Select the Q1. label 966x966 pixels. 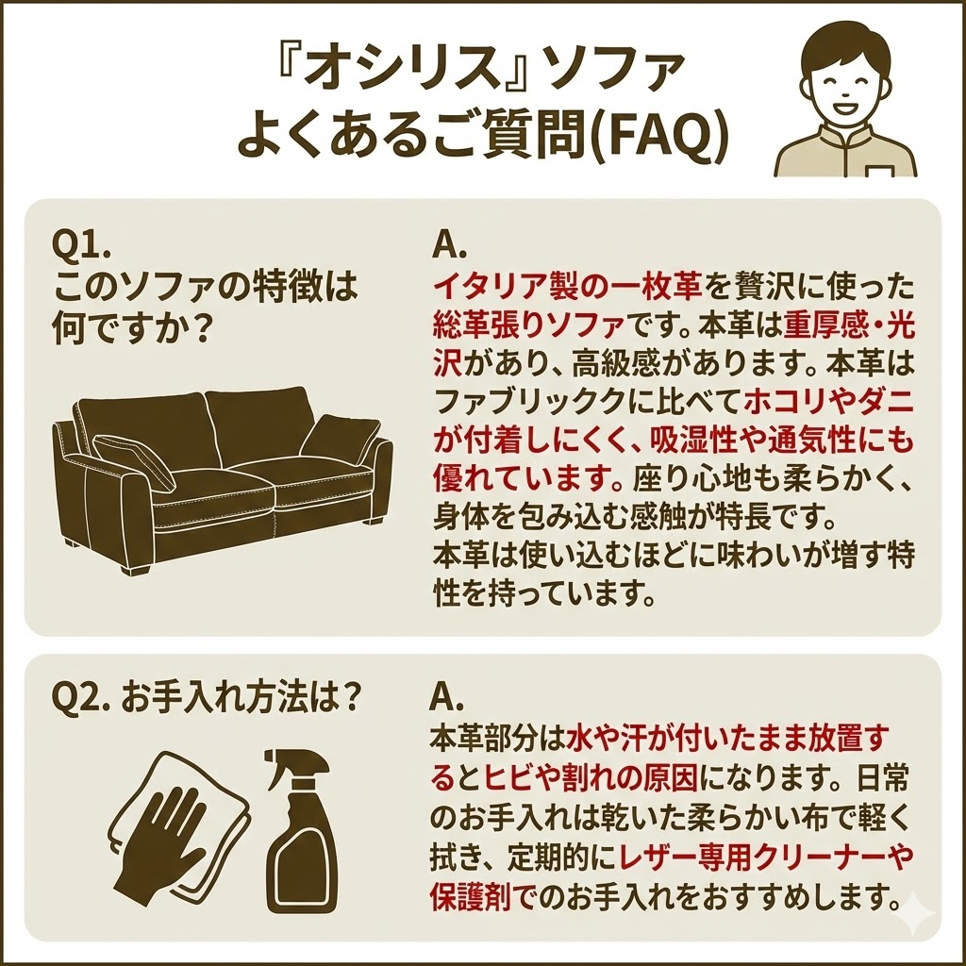[81, 246]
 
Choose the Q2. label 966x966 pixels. [81, 699]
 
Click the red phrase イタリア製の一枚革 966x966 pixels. [567, 286]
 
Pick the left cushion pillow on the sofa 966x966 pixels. [134, 461]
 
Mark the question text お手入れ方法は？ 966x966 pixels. [241, 699]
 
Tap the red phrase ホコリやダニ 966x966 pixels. [829, 402]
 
